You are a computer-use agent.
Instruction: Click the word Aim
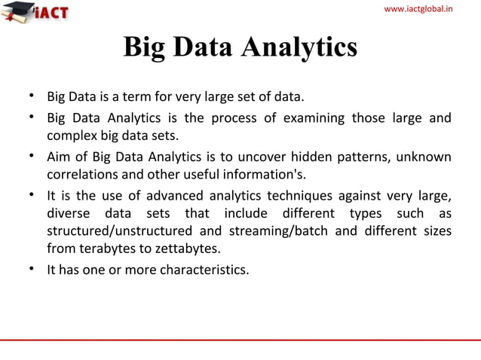point(59,157)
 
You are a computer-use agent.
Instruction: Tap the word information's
point(265,175)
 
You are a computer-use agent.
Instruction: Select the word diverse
point(67,214)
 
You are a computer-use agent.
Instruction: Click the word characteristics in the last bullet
point(204,269)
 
